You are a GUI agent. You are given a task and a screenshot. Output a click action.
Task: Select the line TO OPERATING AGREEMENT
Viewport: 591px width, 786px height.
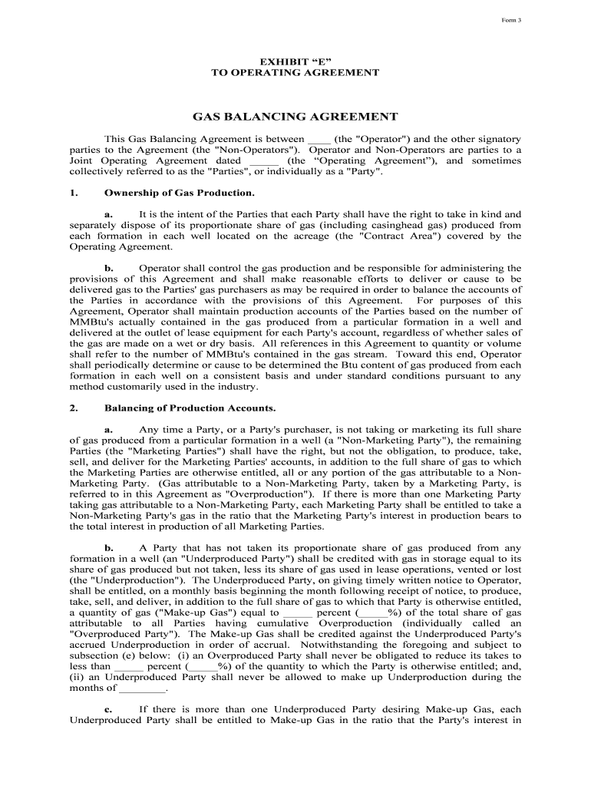[x=295, y=72]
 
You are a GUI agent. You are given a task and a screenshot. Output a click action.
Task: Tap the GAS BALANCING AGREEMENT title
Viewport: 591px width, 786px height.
[x=295, y=117]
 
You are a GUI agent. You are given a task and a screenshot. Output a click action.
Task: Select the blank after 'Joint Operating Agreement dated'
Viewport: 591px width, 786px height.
[x=263, y=161]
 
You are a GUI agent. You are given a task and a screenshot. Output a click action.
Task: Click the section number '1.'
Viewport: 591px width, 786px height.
[x=74, y=193]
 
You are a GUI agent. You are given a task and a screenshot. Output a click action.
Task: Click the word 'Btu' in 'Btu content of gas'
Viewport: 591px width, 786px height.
[x=285, y=365]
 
